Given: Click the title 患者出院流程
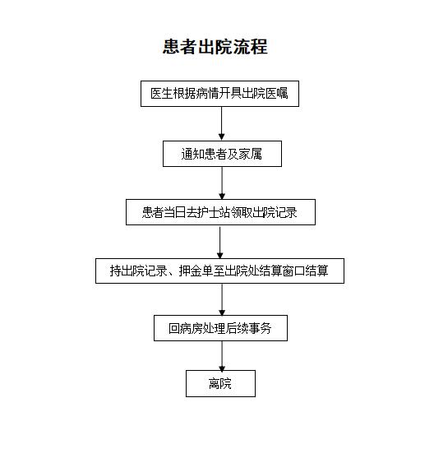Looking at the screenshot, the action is [x=215, y=47].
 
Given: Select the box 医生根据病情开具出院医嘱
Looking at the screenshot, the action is [x=219, y=94].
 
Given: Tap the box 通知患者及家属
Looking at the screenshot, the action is [x=222, y=154].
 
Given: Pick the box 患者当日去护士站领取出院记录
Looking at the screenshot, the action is [x=220, y=212].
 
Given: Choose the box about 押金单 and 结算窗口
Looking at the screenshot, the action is [x=219, y=271].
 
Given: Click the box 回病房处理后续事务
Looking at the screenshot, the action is [x=220, y=328].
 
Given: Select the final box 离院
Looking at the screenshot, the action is [x=220, y=383].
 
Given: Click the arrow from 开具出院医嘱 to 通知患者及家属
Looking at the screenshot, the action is [x=221, y=123].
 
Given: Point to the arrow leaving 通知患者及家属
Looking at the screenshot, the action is [x=222, y=183].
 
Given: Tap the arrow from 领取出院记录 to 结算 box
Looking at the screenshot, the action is [x=220, y=242].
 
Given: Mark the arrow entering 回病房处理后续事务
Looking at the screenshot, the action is [x=222, y=299].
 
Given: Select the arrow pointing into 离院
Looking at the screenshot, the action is [x=222, y=356].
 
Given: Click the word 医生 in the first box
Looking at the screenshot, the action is [x=162, y=94].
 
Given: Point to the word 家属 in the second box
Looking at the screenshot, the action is [x=250, y=154].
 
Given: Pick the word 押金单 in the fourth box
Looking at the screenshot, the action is [x=196, y=271].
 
